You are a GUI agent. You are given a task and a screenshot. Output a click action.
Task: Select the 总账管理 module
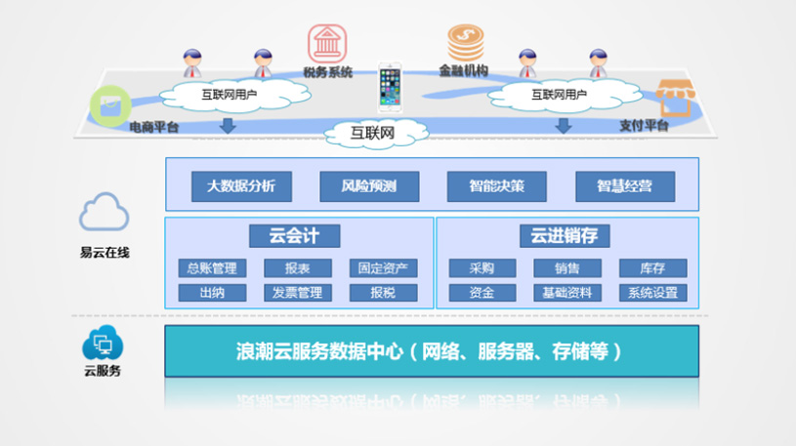[212, 268]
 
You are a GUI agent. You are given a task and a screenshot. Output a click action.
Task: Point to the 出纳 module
[212, 292]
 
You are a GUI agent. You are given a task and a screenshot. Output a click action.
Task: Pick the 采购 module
[482, 268]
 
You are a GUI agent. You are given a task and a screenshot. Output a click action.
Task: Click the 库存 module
[653, 268]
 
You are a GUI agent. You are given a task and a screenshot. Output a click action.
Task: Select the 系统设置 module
[653, 292]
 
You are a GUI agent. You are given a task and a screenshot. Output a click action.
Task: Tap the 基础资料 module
[567, 292]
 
